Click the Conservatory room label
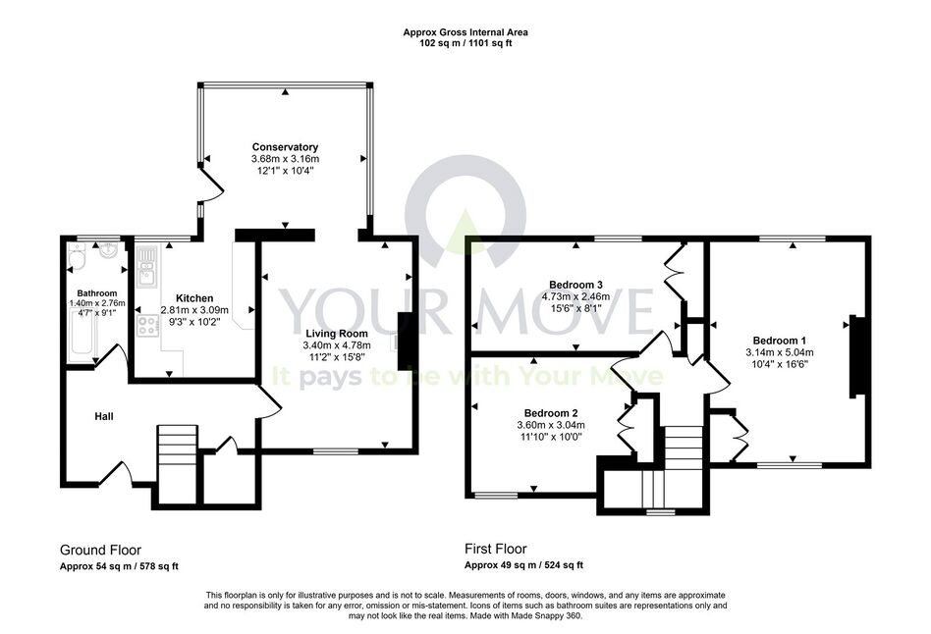point(285,147)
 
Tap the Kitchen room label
point(194,298)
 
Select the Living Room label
point(337,334)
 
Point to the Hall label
point(104,417)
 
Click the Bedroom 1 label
point(779,341)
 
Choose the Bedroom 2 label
point(551,413)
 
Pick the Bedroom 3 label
point(575,285)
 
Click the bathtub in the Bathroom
point(82,336)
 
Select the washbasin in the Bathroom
point(109,250)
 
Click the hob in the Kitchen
point(147,326)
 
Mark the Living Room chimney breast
point(406,341)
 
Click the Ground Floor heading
point(100,550)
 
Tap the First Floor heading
point(496,549)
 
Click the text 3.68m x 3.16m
point(285,159)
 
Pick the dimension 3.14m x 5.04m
point(779,352)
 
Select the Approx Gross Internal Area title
point(465,32)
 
